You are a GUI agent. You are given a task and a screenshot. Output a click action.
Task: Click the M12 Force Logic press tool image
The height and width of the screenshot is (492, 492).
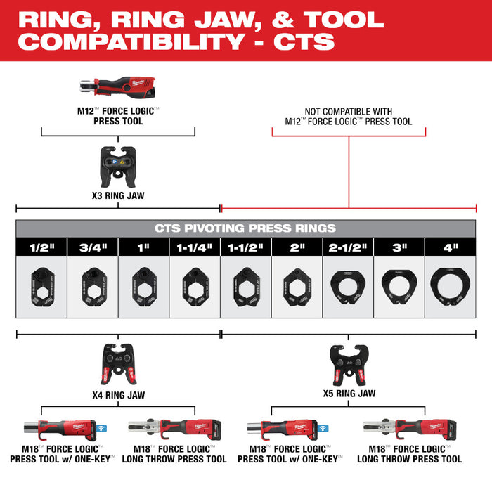coord(117,88)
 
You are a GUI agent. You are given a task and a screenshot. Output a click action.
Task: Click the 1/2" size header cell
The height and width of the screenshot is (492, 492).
coord(41,247)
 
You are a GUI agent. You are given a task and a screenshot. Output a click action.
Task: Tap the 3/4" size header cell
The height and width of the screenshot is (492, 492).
coord(93,247)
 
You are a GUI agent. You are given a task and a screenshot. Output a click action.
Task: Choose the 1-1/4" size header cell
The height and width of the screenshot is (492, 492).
coord(195,247)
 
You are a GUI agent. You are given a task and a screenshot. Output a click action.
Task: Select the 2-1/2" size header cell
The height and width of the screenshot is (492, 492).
coord(347,247)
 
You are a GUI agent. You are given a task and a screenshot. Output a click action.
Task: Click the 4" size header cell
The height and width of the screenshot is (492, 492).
coord(450,247)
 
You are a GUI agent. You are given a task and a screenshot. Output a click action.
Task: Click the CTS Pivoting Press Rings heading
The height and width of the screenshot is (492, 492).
coord(245,228)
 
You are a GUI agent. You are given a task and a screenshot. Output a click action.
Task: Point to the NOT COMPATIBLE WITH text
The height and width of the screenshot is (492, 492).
coord(349,111)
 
